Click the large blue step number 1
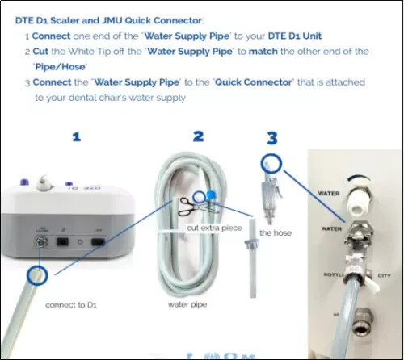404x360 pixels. pyautogui.click(x=77, y=137)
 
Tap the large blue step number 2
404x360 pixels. pyautogui.click(x=197, y=136)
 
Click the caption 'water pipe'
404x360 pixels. pyautogui.click(x=188, y=305)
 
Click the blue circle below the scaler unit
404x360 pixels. pyautogui.click(x=36, y=277)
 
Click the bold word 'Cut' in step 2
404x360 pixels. pyautogui.click(x=44, y=51)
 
